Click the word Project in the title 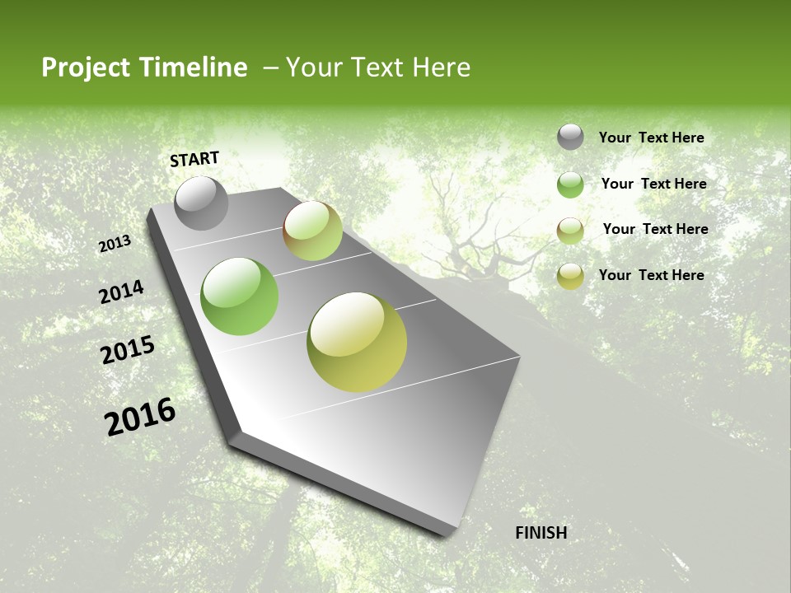tap(86, 68)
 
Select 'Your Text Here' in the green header tap(377, 68)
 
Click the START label tap(194, 159)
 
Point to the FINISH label tap(541, 533)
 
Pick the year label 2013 tap(115, 244)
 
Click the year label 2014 tap(121, 292)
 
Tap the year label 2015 tap(128, 350)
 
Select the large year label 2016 tap(140, 417)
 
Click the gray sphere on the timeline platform tap(201, 203)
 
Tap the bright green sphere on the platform tap(239, 296)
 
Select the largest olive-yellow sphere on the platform tap(357, 342)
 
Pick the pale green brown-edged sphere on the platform tap(312, 231)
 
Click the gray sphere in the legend tap(570, 137)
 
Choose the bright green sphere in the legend tap(570, 184)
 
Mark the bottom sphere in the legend tap(570, 276)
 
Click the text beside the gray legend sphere tap(651, 138)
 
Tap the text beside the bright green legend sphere tap(653, 184)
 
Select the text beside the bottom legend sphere tap(651, 275)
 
